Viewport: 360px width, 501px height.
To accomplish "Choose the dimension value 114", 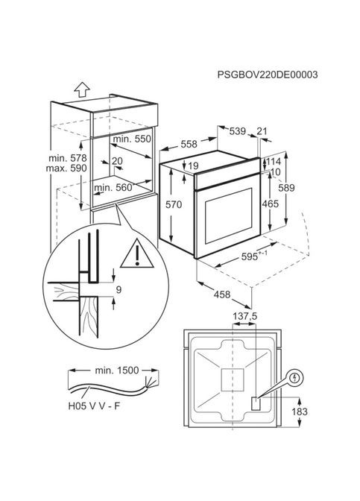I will tap(273, 162).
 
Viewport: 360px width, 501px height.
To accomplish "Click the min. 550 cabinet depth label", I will tap(132, 140).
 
